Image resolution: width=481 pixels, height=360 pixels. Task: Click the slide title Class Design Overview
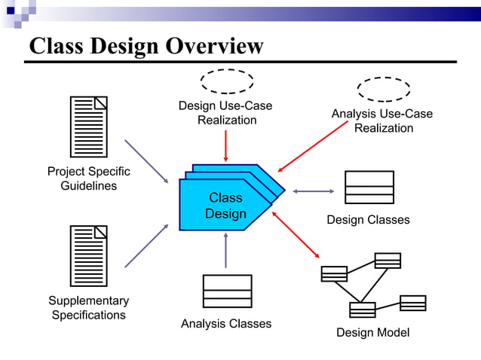coord(146,46)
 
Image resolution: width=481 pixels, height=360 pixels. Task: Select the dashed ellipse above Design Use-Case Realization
coord(226,81)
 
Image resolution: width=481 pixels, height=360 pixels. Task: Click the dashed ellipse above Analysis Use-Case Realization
coord(383,89)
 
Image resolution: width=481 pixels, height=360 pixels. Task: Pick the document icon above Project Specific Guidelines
coord(88,127)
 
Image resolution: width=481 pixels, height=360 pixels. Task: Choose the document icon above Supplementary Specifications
coord(88,256)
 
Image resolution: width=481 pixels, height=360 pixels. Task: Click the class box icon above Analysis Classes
coord(227,291)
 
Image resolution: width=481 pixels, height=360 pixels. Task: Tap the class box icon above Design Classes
coord(369,188)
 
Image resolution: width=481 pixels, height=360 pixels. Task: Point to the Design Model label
coord(372,333)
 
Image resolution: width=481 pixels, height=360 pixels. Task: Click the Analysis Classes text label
coord(226,324)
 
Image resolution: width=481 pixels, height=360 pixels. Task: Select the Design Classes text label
coord(368,220)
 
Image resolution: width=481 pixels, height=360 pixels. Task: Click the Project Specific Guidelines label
coord(88,178)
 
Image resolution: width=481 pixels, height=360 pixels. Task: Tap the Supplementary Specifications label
coord(88,308)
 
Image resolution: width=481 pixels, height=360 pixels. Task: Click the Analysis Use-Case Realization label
coord(383,121)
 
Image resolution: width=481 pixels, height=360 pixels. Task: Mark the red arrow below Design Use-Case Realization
coord(226,145)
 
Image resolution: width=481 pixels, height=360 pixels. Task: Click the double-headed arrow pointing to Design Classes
coord(313,191)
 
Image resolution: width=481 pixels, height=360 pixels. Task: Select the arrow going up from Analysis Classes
coord(225,250)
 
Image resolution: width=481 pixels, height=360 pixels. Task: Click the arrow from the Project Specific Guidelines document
coord(146,160)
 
